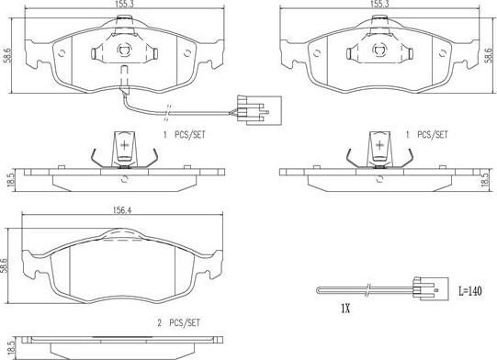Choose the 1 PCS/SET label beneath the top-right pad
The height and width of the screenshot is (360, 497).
click(428, 134)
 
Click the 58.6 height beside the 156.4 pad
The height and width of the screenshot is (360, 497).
click(6, 266)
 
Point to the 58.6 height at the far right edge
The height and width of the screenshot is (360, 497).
click(489, 54)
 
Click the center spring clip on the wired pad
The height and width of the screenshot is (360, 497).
click(124, 51)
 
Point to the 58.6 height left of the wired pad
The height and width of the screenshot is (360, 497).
click(6, 54)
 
